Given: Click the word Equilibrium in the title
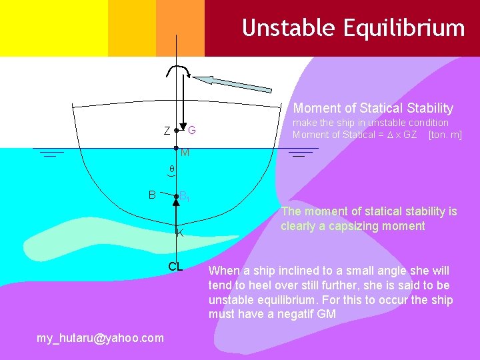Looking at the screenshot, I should tap(403, 28).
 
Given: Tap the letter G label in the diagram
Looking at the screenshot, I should tap(191, 129).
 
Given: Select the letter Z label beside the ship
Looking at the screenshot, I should tap(167, 131).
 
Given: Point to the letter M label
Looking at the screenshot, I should tap(185, 153).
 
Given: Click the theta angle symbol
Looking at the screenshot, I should tap(171, 170).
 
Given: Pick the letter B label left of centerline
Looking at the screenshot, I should tap(152, 195).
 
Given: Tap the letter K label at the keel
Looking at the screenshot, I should tap(180, 233).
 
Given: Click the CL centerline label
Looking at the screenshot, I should tap(175, 267).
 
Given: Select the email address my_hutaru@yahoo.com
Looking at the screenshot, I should tap(100, 338).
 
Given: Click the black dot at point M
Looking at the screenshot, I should tap(176, 147).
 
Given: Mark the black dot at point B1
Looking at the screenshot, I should tap(176, 197).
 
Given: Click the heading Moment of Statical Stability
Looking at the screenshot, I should tap(373, 108).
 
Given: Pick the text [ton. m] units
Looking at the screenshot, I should tap(445, 135).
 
